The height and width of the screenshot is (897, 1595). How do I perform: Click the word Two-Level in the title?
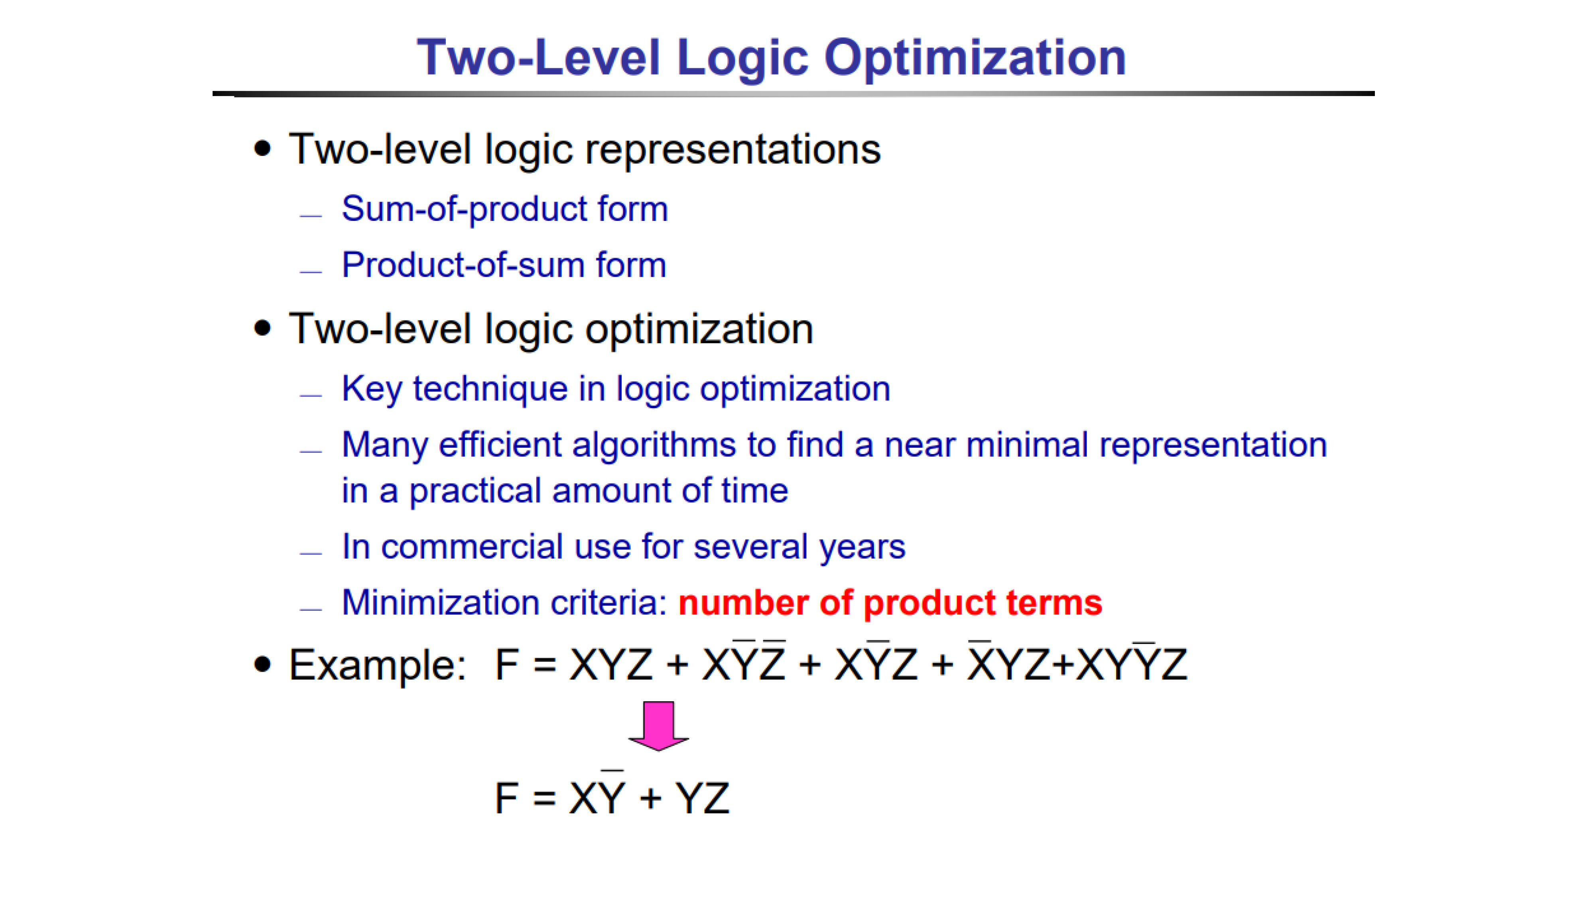(539, 57)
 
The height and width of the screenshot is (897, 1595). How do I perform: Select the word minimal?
(1027, 445)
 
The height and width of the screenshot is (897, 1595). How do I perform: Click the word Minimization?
(441, 603)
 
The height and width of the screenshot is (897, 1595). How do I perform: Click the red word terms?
(1054, 603)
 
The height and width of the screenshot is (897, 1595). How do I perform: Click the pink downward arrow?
(658, 726)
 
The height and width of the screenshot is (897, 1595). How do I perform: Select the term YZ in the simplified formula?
(702, 798)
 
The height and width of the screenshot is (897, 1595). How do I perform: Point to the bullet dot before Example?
(262, 664)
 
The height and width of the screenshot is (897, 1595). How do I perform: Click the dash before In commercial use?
(311, 553)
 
